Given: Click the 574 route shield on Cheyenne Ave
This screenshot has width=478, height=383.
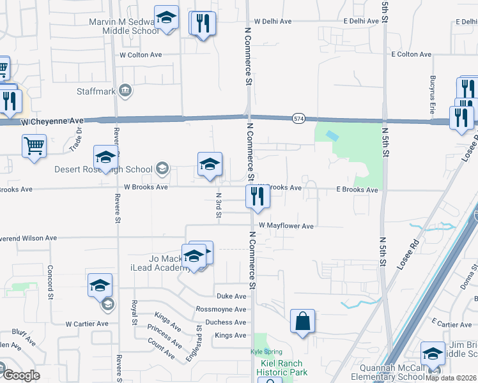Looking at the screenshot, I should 298,119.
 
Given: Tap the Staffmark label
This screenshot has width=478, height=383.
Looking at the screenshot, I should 96,91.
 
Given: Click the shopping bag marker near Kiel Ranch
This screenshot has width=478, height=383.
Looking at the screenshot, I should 302,322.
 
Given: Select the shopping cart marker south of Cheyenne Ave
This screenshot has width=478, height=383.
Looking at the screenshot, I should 34,146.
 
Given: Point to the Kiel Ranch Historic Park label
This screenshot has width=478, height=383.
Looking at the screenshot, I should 282,368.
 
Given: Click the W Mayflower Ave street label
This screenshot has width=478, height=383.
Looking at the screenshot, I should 286,226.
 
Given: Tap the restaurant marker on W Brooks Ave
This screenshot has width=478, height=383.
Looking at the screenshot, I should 258,197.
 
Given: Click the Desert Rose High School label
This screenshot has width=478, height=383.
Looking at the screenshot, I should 104,170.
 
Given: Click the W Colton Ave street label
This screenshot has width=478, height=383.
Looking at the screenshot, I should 141,55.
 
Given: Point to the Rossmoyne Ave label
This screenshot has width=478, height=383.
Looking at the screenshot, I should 222,310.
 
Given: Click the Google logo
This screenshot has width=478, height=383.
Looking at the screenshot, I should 21,375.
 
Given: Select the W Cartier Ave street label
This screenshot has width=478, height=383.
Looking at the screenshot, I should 86,324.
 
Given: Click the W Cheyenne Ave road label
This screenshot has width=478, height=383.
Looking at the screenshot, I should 52,121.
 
